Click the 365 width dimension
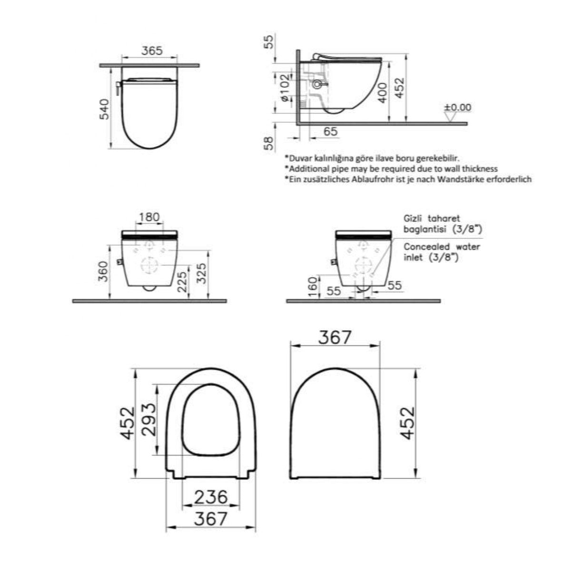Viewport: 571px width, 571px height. (152, 50)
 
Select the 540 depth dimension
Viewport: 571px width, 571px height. (104, 109)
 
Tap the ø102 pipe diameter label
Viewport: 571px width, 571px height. (284, 88)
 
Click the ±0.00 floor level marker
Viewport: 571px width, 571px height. (457, 107)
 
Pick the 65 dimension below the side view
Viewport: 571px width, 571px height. (330, 131)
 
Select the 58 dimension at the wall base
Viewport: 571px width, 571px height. (268, 143)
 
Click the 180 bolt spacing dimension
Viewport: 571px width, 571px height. (149, 217)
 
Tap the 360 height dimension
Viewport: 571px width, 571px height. (104, 271)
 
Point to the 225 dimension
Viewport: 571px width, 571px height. (183, 282)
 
